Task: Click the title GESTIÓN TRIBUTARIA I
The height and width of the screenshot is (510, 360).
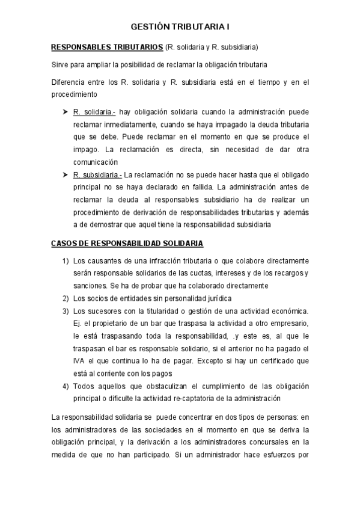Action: point(180,28)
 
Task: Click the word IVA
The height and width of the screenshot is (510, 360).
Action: point(79,361)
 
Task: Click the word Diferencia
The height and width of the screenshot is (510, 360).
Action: point(69,82)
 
